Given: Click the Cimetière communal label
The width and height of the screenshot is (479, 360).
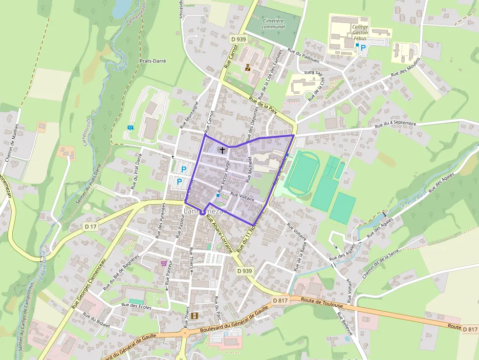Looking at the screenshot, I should (273, 24).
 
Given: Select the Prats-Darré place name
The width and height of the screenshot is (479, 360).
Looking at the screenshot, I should (153, 62).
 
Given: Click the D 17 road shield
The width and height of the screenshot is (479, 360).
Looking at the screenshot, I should (90, 227).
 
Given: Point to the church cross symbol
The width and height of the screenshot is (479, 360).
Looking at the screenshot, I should (222, 150).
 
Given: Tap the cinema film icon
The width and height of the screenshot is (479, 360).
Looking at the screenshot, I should (195, 316).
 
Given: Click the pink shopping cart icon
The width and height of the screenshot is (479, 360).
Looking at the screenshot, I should (163, 263).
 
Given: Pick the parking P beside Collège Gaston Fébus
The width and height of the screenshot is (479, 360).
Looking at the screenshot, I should (363, 48).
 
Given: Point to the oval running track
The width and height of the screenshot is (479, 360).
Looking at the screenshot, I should (303, 173).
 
